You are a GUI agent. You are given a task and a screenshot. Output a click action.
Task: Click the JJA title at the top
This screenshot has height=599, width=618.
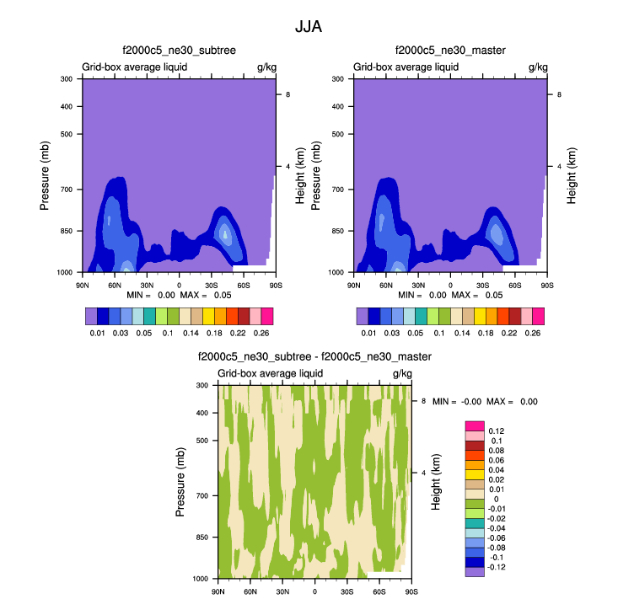point(309,26)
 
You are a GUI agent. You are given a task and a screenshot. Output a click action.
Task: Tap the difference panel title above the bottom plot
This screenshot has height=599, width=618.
point(314,357)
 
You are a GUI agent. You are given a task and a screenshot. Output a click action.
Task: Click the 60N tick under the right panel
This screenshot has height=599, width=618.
point(387,286)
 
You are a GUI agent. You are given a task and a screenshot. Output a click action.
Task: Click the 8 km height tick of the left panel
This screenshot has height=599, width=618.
point(288,94)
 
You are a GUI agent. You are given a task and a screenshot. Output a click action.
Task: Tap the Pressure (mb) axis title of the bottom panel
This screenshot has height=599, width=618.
point(180,482)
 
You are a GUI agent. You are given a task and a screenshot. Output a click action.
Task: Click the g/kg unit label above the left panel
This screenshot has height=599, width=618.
point(266,66)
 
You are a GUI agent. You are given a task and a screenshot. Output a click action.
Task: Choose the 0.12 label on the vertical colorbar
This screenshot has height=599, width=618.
point(497,431)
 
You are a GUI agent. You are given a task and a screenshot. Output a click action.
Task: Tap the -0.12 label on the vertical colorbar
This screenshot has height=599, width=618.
point(498,567)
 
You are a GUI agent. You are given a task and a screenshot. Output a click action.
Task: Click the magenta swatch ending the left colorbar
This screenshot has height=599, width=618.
point(267,316)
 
